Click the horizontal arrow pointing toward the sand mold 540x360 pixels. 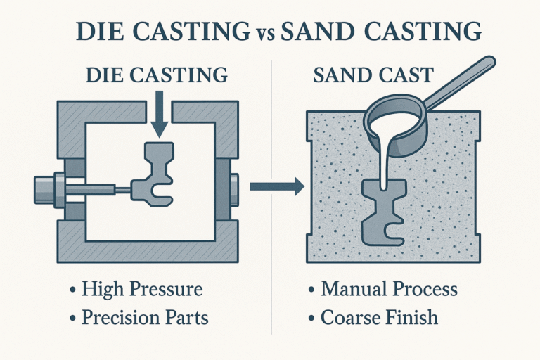[277, 186]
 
